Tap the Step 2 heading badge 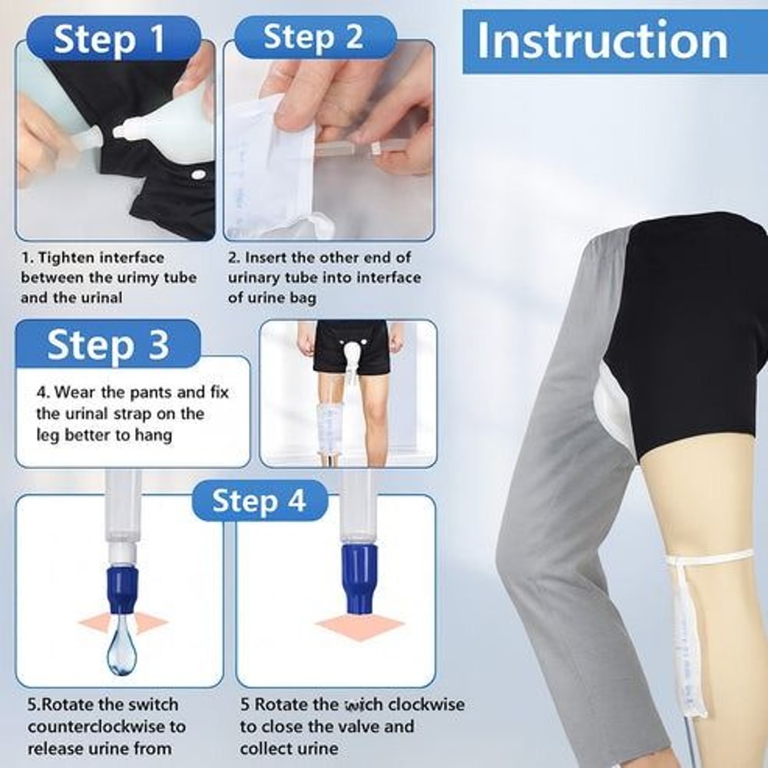point(313,38)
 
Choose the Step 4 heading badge point(259,501)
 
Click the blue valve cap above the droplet point(121,588)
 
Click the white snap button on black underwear point(199,175)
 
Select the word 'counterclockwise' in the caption point(107,726)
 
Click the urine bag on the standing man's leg point(332,426)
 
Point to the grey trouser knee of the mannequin point(538,538)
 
